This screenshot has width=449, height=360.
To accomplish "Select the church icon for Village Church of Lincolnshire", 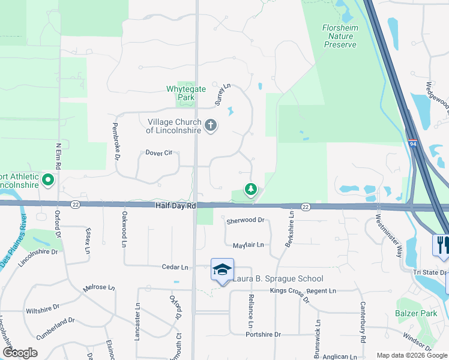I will tap(210, 125).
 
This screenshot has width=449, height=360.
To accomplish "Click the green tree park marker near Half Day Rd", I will tap(250, 190).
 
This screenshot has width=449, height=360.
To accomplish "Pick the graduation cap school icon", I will tap(221, 270).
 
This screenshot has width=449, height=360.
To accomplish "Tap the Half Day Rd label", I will tap(175, 206).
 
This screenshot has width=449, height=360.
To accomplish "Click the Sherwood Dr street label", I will tap(245, 220).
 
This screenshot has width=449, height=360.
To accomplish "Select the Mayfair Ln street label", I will tap(248, 245).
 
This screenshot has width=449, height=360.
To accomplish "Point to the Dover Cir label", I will tap(158, 152).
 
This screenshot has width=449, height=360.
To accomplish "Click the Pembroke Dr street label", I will tap(115, 141).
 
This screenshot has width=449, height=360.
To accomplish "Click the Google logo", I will tap(20, 353).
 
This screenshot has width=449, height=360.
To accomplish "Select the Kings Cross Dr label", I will tap(289, 291).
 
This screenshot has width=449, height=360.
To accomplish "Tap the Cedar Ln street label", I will tap(175, 267).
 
